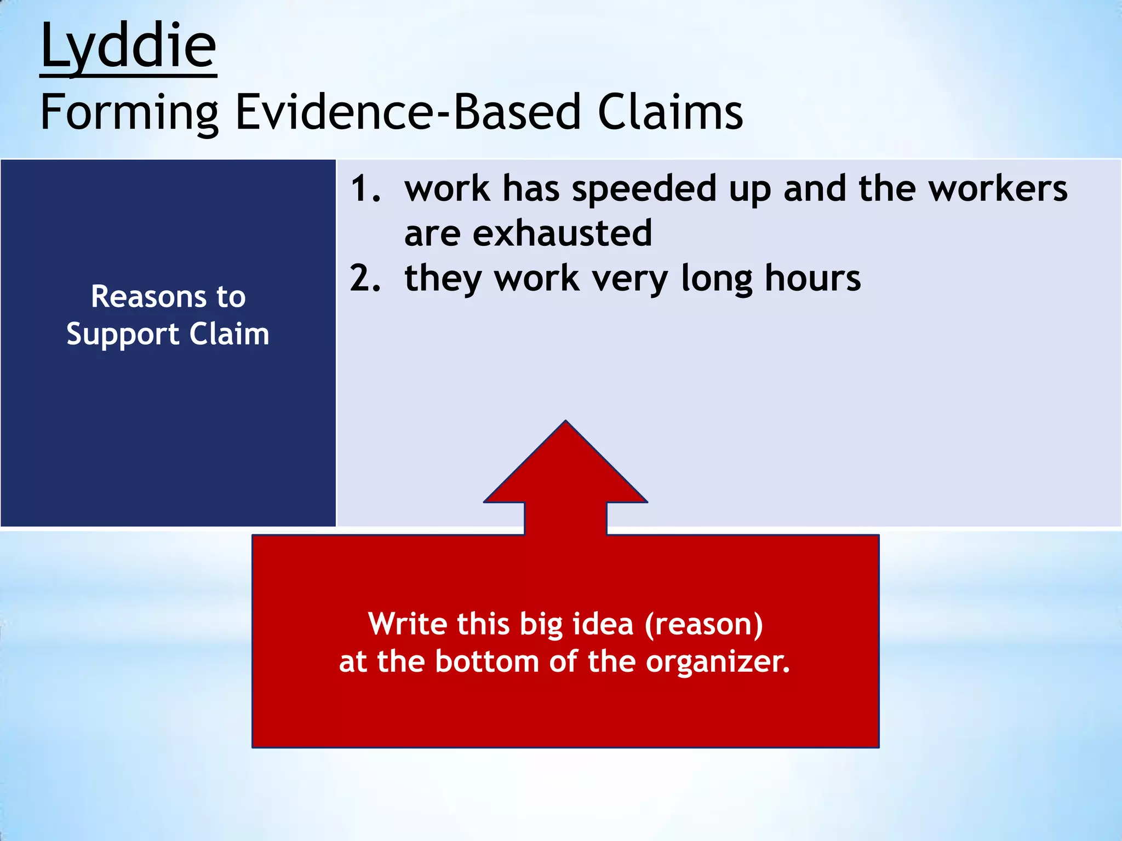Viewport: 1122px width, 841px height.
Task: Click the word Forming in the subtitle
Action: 129,112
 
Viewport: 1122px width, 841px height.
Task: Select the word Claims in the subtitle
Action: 669,112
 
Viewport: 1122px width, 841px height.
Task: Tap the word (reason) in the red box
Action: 703,624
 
